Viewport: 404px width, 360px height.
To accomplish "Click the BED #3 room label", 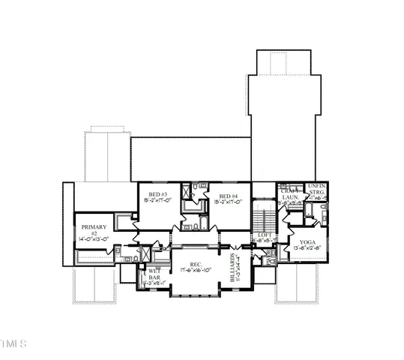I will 157,194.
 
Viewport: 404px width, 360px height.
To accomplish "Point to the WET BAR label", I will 154,274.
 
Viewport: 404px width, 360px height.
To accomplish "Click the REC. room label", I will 195,263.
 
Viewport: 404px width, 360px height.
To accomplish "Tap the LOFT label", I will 263,235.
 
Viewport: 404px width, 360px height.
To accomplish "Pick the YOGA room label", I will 307,242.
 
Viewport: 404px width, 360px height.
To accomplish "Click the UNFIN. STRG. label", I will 316,189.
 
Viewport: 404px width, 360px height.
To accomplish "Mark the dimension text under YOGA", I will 307,248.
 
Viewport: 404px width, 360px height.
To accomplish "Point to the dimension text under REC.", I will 196,270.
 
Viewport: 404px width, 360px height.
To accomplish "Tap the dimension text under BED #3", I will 157,201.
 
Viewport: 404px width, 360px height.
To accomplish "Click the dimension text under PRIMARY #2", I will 95,239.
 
